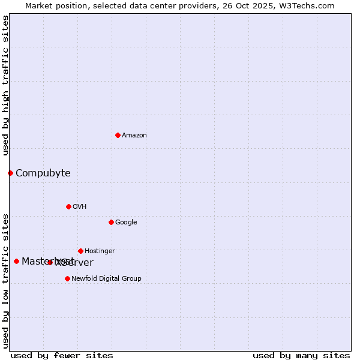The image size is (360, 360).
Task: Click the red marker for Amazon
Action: coord(118,135)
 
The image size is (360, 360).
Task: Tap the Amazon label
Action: coord(134,136)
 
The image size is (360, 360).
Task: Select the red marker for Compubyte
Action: coord(10,173)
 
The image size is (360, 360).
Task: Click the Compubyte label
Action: coord(43,173)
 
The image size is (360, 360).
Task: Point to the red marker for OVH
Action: coord(68,206)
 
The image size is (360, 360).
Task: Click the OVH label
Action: coord(80,207)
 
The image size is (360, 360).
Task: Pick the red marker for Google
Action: coord(111,222)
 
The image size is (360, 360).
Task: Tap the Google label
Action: coord(126,223)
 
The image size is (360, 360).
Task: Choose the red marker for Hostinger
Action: coord(80,251)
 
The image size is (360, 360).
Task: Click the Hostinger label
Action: coord(100,251)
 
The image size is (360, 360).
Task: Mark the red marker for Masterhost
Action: coord(16,261)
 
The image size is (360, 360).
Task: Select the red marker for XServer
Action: coord(50,262)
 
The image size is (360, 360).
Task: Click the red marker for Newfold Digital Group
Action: coord(67,278)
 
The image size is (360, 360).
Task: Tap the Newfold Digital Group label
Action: coord(106,279)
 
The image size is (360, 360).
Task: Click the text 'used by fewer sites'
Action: coord(62,355)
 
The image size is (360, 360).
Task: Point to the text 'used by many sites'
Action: coord(301,355)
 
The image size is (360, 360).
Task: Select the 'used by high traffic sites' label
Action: coord(5,85)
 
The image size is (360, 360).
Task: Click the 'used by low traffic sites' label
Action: coord(5,280)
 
